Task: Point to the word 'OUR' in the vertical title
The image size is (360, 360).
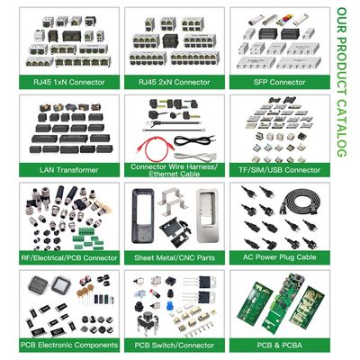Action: point(342,20)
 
